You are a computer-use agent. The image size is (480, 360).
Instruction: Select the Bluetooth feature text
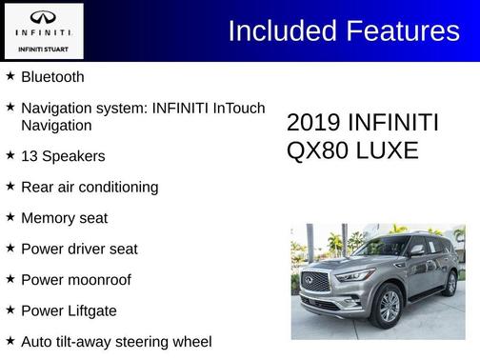[52, 76]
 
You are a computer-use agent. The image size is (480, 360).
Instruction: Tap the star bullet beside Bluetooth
[10, 76]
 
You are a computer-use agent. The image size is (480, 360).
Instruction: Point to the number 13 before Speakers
[30, 155]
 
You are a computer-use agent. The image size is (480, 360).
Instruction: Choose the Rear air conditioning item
[90, 187]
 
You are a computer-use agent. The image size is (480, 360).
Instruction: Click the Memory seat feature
[64, 218]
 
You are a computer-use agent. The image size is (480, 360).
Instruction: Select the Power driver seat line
[79, 249]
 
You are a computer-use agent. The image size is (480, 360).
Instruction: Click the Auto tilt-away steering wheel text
[116, 341]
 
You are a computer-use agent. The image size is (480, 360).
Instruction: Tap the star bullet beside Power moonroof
[10, 280]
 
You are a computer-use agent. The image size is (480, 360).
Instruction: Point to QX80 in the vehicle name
[315, 150]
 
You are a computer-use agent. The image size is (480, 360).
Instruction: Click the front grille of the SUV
[315, 282]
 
